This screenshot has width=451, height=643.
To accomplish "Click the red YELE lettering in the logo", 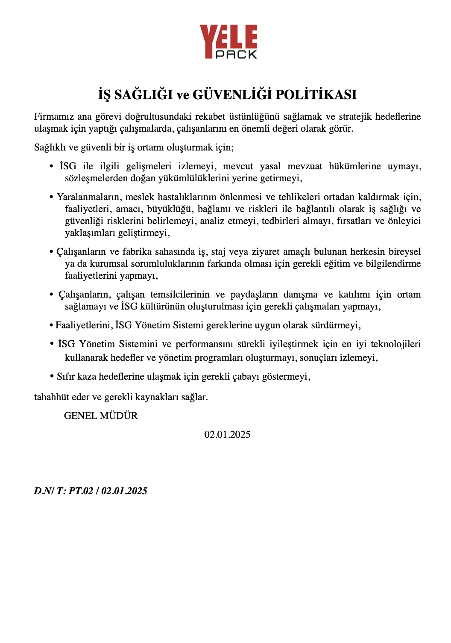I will point(228,37).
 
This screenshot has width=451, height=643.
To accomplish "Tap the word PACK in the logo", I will point(236,54).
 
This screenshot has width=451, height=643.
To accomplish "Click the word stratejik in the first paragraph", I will point(355,117).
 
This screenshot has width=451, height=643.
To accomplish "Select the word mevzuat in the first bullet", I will point(305,166).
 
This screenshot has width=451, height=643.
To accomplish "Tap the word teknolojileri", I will point(395,344).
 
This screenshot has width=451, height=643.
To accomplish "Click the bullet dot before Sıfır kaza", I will point(51,377).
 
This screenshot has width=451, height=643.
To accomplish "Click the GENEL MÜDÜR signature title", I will point(101,416).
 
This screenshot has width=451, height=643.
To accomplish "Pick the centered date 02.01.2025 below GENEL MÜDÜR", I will point(227,435).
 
